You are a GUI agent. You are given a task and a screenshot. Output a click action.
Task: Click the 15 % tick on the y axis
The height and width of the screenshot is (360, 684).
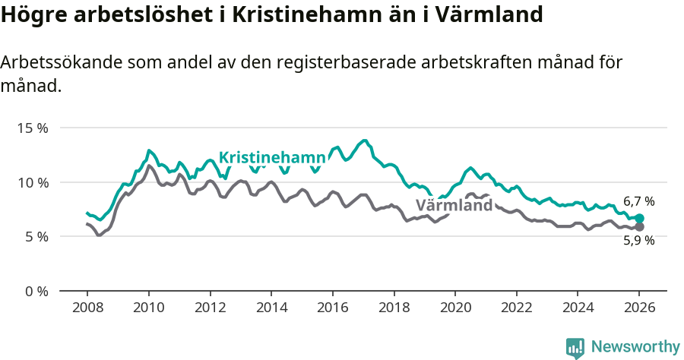click(32, 128)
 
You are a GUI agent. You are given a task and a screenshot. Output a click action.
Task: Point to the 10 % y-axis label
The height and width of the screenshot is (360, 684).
click(32, 182)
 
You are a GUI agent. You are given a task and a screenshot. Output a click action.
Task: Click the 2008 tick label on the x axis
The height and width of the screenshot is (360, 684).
click(87, 308)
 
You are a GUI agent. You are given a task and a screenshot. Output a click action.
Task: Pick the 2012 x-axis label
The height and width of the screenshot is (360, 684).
click(210, 308)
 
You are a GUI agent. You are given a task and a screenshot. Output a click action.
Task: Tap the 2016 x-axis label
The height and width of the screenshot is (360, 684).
click(332, 308)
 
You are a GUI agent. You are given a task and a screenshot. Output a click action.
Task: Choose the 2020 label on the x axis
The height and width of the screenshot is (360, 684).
click(455, 308)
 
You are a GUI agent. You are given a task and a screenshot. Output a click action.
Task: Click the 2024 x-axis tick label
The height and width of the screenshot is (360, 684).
click(578, 308)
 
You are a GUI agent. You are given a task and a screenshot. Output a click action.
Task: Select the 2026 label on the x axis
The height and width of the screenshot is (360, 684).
click(639, 308)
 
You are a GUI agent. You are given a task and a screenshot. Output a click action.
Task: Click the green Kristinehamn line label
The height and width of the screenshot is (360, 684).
click(272, 158)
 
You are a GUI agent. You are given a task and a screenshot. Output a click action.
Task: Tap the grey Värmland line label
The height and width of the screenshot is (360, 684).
click(454, 206)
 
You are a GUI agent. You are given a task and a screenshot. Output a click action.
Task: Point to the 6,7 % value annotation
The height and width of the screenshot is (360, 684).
click(639, 201)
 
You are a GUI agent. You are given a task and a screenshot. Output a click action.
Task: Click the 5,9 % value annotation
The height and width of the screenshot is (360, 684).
click(639, 240)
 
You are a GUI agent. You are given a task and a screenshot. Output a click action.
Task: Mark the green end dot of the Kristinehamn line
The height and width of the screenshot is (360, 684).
click(640, 219)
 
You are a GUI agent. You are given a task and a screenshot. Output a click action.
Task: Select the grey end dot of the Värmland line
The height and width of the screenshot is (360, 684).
click(640, 227)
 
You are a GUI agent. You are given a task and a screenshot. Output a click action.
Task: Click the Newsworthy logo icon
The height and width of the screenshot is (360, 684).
click(575, 348)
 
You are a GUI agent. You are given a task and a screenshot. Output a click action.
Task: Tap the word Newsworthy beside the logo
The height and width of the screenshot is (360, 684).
click(635, 347)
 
